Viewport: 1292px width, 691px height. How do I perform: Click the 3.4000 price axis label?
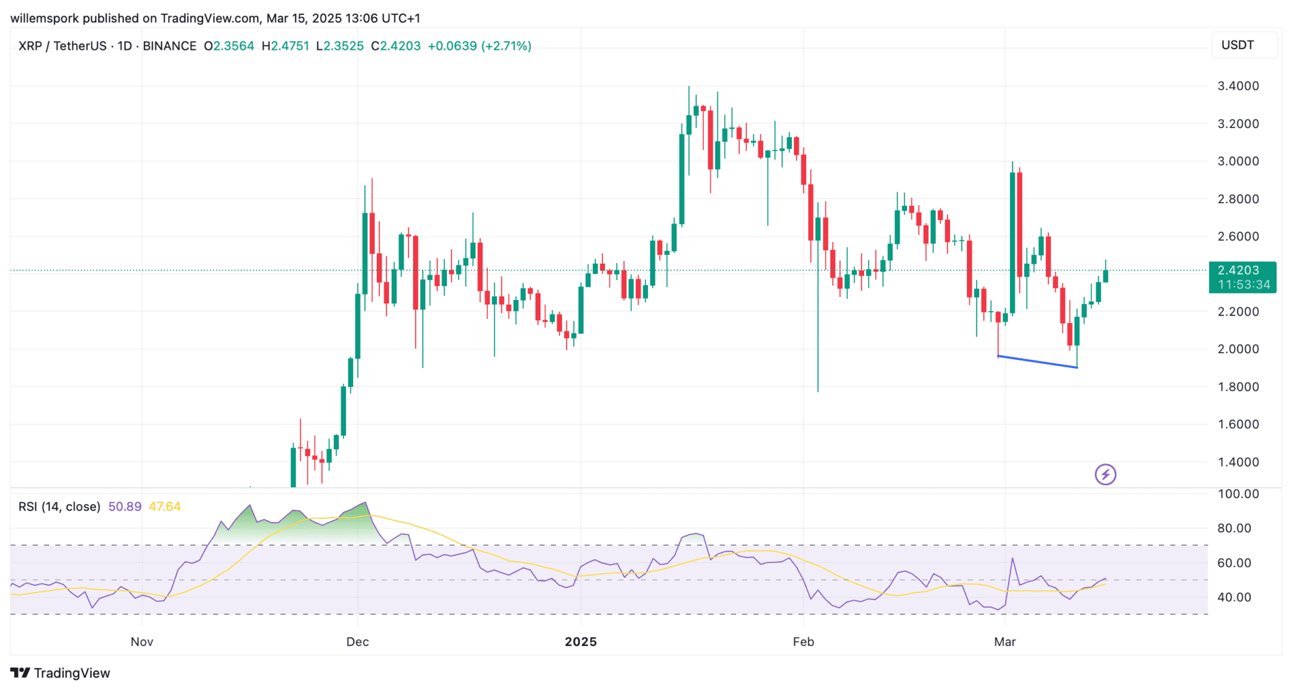pos(1237,86)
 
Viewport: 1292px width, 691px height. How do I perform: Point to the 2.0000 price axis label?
pos(1237,349)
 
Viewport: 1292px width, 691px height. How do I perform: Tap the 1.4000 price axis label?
pos(1237,462)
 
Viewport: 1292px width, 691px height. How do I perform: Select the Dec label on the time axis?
pos(357,642)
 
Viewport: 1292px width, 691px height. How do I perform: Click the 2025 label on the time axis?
pos(581,642)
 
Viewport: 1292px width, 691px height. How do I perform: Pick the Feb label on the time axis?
pos(803,642)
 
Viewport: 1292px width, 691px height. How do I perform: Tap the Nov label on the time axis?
pos(142,642)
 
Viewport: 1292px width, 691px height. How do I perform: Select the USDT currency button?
pos(1237,45)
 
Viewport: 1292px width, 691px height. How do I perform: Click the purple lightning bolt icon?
pos(1105,475)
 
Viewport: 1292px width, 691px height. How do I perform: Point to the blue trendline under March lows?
pos(1037,361)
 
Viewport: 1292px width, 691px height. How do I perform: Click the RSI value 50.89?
pos(124,507)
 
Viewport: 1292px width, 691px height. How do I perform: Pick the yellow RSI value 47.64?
pos(165,507)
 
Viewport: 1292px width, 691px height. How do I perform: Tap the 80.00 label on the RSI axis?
pos(1234,528)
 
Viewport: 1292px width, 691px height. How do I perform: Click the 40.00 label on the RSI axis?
pos(1234,597)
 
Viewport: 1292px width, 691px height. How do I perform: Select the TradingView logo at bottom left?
pos(61,673)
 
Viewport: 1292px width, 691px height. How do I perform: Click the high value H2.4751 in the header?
pos(285,46)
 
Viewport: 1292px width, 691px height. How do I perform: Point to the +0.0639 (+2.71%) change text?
pos(479,46)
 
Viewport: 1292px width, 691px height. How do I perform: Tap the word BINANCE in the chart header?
pos(170,46)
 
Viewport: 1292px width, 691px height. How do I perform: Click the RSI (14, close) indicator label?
pos(59,507)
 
